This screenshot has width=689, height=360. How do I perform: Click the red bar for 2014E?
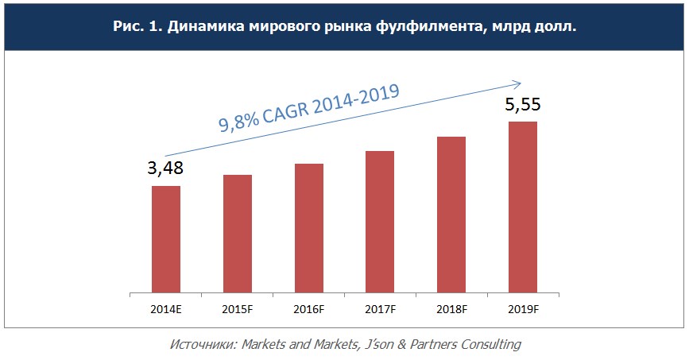pyautogui.click(x=166, y=238)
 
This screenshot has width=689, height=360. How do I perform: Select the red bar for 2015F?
pyautogui.click(x=238, y=232)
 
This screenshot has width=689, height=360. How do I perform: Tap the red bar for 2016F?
pyautogui.click(x=308, y=226)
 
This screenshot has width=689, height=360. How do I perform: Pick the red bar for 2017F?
pyautogui.click(x=380, y=220)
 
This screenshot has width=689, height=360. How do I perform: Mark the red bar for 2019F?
pyautogui.click(x=522, y=206)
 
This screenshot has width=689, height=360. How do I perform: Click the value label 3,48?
pyautogui.click(x=166, y=168)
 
